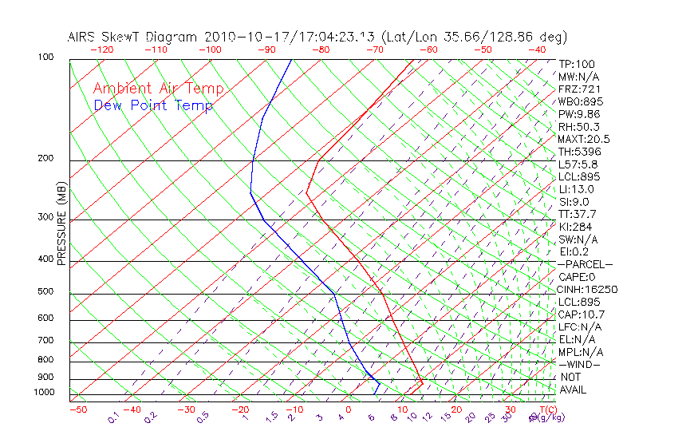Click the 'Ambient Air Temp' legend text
[158, 89]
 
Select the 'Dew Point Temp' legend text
[153, 105]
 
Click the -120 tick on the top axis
[101, 49]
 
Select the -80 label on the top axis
[321, 49]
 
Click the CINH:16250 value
[588, 289]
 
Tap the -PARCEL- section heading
[585, 264]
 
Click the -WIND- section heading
[580, 364]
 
